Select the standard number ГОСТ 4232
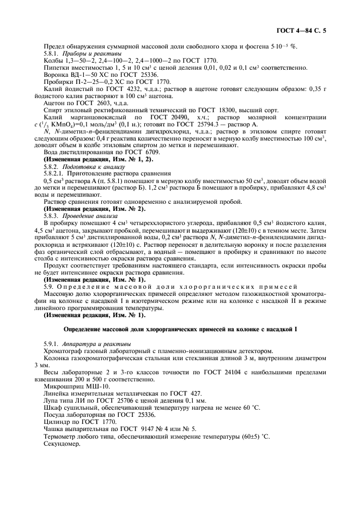pos(132,89)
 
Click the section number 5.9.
pos(49,286)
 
